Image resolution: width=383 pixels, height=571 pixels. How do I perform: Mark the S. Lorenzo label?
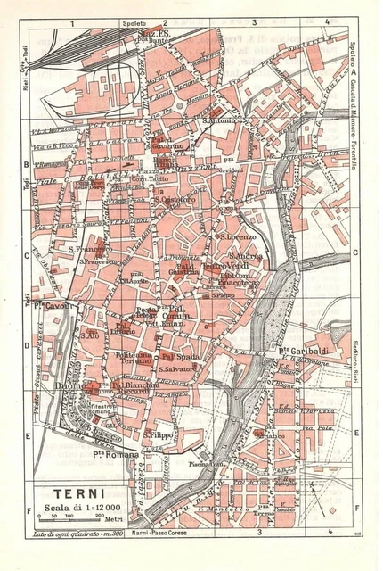(236, 237)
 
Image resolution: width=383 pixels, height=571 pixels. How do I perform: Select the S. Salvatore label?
(177, 368)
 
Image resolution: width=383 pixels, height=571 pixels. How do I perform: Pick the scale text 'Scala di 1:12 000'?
(86, 508)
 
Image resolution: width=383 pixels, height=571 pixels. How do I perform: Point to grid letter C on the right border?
(355, 253)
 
